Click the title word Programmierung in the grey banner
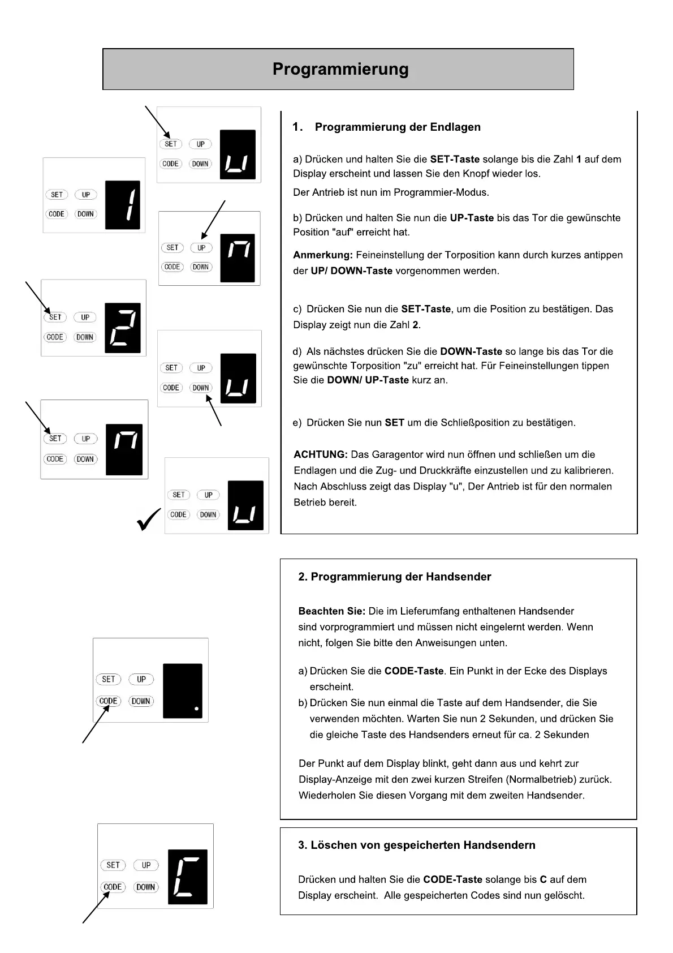(340, 69)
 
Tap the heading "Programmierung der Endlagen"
(398, 127)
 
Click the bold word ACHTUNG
(320, 454)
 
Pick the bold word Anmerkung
(322, 255)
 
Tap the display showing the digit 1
(123, 205)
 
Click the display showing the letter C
(187, 877)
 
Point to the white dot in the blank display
(196, 708)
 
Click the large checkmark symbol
(149, 519)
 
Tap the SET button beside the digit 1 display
(57, 195)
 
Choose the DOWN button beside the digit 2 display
(85, 337)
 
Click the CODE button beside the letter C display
(113, 887)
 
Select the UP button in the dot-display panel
(141, 679)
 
